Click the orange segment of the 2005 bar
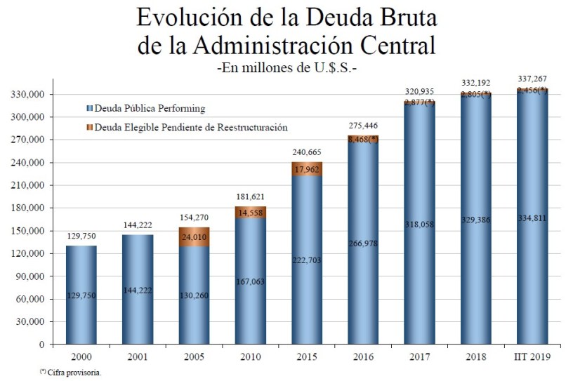[195, 236]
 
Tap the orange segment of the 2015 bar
[308, 169]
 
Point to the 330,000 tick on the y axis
[29, 94]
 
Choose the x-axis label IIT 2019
[532, 357]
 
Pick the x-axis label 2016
[364, 357]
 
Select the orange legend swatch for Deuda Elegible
[89, 128]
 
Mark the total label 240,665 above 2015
[307, 152]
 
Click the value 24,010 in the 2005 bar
[195, 236]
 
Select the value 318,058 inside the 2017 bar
[420, 225]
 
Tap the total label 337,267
[533, 79]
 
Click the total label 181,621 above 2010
[251, 197]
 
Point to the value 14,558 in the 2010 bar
[251, 213]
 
